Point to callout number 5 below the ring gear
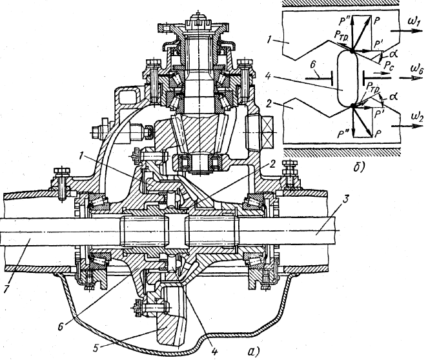pyautogui.click(x=96, y=348)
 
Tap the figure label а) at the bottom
pyautogui.click(x=254, y=351)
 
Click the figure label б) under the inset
pyautogui.click(x=359, y=167)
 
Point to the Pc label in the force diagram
pyautogui.click(x=389, y=65)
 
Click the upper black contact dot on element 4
pyautogui.click(x=352, y=50)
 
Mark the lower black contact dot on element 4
pyautogui.click(x=353, y=105)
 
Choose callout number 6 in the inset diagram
pyautogui.click(x=313, y=65)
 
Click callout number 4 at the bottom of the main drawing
pyautogui.click(x=214, y=350)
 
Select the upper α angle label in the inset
pyautogui.click(x=392, y=54)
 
